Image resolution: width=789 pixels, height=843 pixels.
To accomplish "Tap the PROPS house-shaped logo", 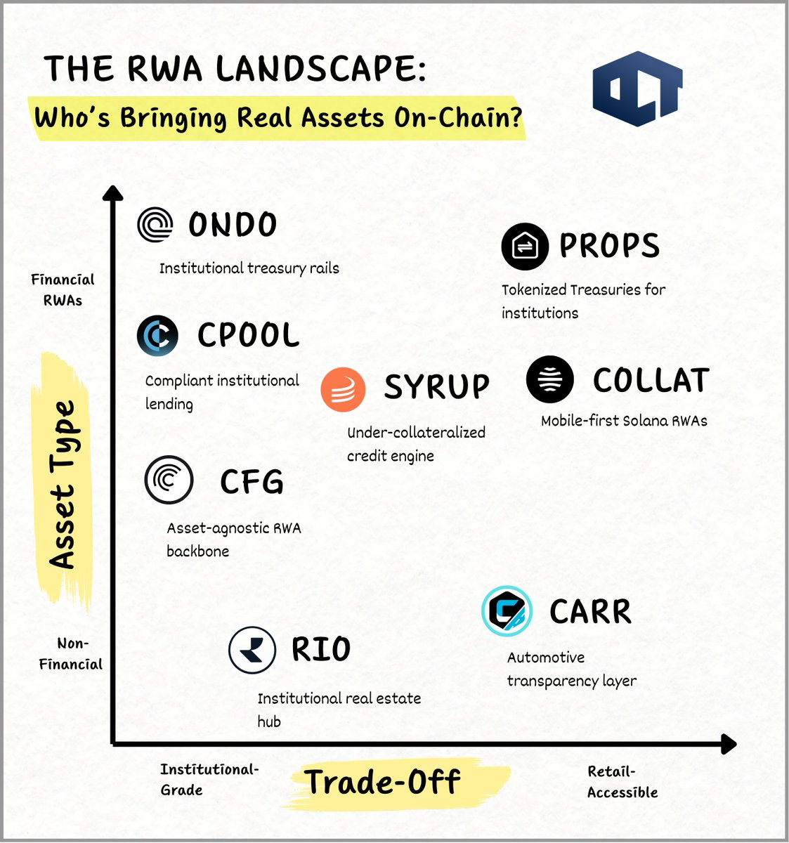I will pyautogui.click(x=525, y=247).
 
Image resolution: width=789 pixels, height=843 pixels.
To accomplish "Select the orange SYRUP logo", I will pyautogui.click(x=343, y=389).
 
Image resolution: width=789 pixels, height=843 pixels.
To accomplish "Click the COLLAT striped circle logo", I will pyautogui.click(x=549, y=379).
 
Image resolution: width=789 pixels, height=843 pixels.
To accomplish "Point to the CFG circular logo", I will pyautogui.click(x=169, y=480).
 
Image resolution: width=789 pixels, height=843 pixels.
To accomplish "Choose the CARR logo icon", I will pyautogui.click(x=507, y=610).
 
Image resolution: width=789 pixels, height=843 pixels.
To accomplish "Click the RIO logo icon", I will pyautogui.click(x=252, y=650).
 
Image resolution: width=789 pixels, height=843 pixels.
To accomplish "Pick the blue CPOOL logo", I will pyautogui.click(x=157, y=336).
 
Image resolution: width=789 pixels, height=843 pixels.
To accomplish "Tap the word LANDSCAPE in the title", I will pyautogui.click(x=320, y=69).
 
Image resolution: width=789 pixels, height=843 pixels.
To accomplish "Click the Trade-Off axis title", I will pyautogui.click(x=384, y=782).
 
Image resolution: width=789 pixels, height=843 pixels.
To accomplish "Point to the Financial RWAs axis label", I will pyautogui.click(x=63, y=289).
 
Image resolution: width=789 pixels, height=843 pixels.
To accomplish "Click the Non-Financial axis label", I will pyautogui.click(x=71, y=653).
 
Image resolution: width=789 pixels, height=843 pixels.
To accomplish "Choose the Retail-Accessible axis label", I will pyautogui.click(x=622, y=782).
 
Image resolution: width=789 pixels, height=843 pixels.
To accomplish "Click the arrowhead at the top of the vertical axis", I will pyautogui.click(x=112, y=193).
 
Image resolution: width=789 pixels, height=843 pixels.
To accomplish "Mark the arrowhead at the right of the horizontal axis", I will pyautogui.click(x=729, y=744).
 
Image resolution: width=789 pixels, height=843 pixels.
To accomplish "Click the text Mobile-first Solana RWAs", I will pyautogui.click(x=624, y=421).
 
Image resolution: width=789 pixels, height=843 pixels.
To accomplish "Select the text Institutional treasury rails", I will pyautogui.click(x=249, y=268).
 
